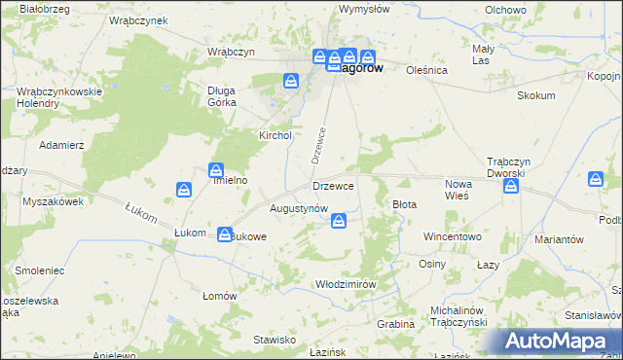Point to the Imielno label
click(x=232, y=180)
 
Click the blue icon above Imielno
click(x=215, y=170)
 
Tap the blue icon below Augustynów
click(x=338, y=223)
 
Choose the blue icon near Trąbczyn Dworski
click(x=510, y=187)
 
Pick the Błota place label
click(x=404, y=204)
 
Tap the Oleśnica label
click(x=426, y=70)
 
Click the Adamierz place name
click(x=61, y=144)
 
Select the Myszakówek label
click(x=54, y=201)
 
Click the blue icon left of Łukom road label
click(x=184, y=189)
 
